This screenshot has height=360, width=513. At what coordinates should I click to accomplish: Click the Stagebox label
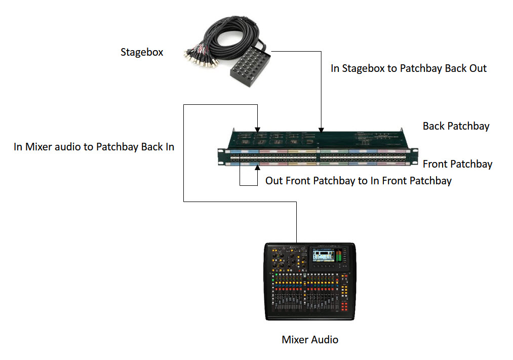(142, 52)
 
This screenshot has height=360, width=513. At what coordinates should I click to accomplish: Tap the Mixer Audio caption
(310, 339)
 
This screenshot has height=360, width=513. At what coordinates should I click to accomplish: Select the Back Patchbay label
(456, 126)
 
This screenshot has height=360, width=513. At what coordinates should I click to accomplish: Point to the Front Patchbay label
(457, 164)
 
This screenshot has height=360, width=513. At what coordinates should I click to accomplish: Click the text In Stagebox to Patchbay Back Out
(408, 68)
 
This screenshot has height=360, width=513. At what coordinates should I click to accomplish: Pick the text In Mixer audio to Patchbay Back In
(94, 147)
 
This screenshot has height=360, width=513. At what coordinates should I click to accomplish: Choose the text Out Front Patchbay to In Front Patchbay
(358, 181)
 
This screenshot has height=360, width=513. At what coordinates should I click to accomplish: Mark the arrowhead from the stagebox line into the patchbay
(321, 129)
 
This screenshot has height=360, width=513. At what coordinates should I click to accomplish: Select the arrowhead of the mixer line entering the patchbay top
(258, 129)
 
